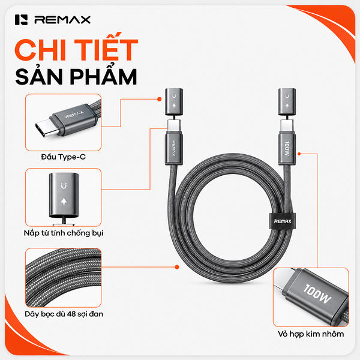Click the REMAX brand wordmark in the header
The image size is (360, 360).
coord(62,20)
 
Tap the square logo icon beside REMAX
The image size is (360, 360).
coord(21,20)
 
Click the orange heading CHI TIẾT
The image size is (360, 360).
coord(76,49)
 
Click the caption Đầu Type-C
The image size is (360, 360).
coord(63,157)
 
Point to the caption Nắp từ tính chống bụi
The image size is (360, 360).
coord(64,233)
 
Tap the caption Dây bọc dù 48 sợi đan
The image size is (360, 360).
coord(64,314)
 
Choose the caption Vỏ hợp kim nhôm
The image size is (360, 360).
coord(311,334)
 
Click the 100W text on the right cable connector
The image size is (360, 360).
coord(287,148)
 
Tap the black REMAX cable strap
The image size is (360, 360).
coord(283,221)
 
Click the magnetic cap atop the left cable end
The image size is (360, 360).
coord(174,102)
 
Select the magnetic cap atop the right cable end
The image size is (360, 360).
coord(287,102)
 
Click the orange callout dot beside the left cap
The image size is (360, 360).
coord(160,99)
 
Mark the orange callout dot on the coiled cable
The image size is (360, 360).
coord(177,267)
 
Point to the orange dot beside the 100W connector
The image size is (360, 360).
coord(299,154)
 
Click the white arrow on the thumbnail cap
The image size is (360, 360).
coord(64,202)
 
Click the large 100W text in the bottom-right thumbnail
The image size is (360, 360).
coord(317,294)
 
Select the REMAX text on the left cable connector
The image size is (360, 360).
coord(174,148)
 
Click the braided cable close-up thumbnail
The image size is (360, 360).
coord(64,278)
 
